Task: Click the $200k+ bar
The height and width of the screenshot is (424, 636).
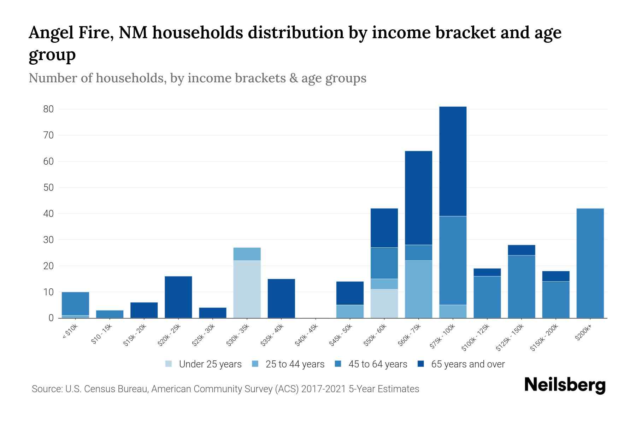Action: click(x=590, y=263)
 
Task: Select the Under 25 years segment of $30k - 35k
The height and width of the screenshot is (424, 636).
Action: click(x=247, y=289)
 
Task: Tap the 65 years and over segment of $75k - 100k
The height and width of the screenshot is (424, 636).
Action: click(x=453, y=161)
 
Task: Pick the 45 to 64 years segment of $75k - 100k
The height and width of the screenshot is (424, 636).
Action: click(x=453, y=260)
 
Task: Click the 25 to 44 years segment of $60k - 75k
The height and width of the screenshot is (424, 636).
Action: click(x=418, y=289)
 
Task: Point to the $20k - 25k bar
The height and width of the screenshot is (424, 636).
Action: click(x=178, y=297)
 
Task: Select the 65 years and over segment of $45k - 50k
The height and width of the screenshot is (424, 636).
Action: click(x=350, y=293)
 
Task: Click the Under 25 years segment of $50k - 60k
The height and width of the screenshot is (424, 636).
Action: click(x=384, y=304)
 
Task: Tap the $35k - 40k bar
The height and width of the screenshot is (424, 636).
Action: click(x=281, y=298)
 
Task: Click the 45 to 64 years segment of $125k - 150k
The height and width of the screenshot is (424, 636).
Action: click(x=521, y=287)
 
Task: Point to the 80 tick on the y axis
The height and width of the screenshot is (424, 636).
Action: click(x=48, y=109)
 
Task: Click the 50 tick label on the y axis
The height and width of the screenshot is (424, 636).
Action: click(x=48, y=188)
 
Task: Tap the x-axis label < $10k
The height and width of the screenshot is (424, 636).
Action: click(x=70, y=332)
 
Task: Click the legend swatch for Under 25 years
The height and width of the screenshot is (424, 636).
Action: click(x=169, y=364)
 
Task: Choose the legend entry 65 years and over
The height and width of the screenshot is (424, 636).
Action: click(x=467, y=364)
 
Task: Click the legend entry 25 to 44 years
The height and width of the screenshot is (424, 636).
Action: click(x=295, y=364)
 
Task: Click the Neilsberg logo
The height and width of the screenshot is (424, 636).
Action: click(x=565, y=385)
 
